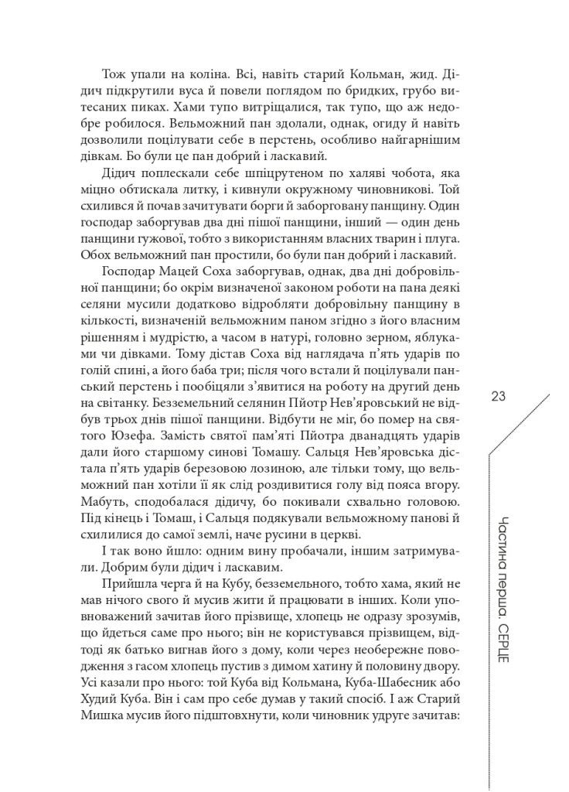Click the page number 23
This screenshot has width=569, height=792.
coord(498,397)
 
